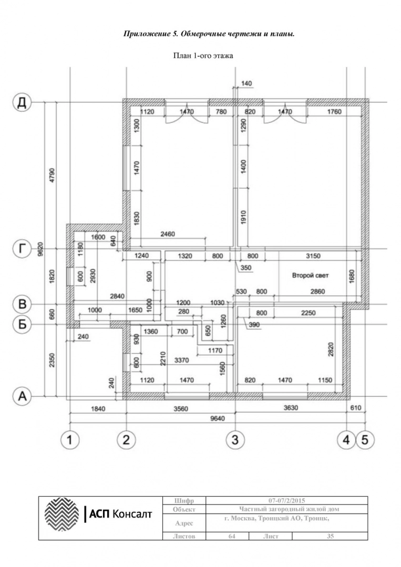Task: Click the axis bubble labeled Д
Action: tap(22, 102)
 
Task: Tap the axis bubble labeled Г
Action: tap(22, 249)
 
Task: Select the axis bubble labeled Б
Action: tap(22, 324)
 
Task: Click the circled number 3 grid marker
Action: tap(235, 440)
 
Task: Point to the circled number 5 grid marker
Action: tap(365, 440)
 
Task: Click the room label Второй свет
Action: tap(310, 276)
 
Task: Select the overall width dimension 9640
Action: tap(217, 418)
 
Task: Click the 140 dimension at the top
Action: tap(246, 83)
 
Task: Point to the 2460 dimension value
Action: tap(167, 234)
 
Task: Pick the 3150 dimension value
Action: tap(313, 256)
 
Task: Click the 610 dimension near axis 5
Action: tap(356, 408)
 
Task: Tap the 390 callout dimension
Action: tap(254, 325)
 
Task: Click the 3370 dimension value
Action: tap(181, 360)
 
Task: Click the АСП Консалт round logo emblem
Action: tap(61, 514)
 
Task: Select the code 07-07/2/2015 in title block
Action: tap(286, 500)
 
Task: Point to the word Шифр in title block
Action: tap(184, 501)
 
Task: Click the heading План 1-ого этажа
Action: tap(203, 56)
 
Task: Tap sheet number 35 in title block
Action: tap(330, 536)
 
